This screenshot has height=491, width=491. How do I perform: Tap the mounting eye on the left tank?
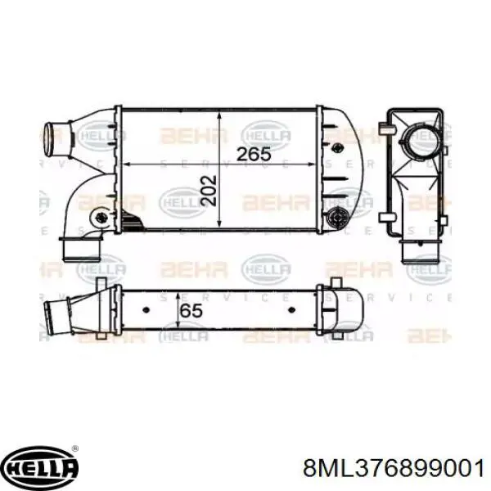(x=99, y=218)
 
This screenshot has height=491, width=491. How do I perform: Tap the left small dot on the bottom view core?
(x=146, y=312)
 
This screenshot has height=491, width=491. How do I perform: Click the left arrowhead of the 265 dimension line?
(x=124, y=164)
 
